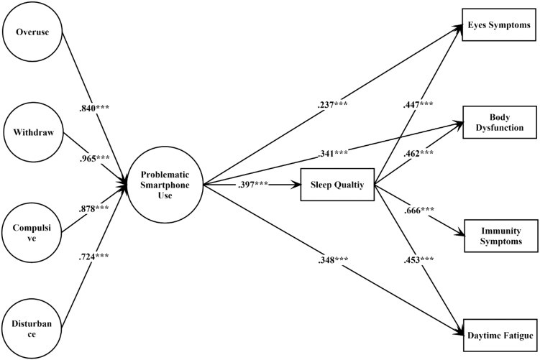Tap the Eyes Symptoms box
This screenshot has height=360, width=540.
click(499, 26)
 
